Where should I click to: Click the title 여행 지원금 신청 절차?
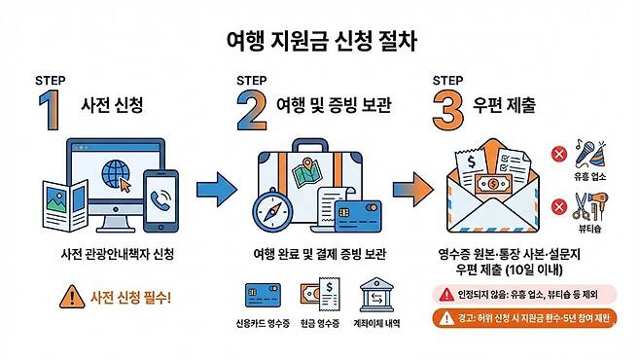[322, 41]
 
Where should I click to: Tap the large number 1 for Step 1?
[51, 110]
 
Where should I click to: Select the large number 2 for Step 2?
[252, 110]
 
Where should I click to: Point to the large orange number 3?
[448, 110]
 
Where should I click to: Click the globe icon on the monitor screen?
[116, 174]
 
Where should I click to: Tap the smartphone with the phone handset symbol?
[160, 200]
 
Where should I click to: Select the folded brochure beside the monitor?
[65, 205]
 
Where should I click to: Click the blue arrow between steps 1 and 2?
[217, 190]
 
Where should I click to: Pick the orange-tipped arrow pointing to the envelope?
[413, 190]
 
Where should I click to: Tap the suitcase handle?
[310, 145]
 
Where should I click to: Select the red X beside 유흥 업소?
[559, 155]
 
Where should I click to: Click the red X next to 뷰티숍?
[559, 206]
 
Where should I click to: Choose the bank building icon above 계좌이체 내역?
[376, 295]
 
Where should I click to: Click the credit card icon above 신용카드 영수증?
[263, 296]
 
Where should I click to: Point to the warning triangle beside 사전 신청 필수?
[72, 297]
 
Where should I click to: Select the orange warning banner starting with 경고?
[524, 318]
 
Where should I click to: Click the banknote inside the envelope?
[493, 185]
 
